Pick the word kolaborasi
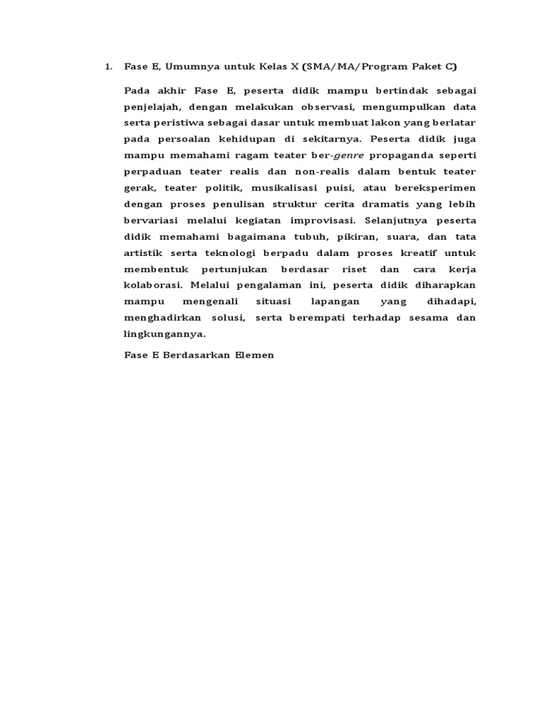[154, 286]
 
